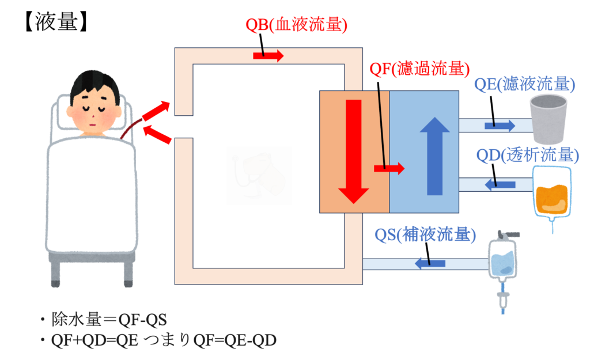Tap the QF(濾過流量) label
pyautogui.click(x=419, y=70)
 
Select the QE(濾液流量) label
pyautogui.click(x=525, y=85)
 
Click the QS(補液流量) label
pyautogui.click(x=425, y=235)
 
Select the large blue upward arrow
pyautogui.click(x=434, y=156)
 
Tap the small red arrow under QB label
pyautogui.click(x=268, y=56)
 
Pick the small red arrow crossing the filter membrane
pyautogui.click(x=389, y=168)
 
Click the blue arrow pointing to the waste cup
pyautogui.click(x=500, y=125)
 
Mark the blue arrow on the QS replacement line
pyautogui.click(x=431, y=264)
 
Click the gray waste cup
pyautogui.click(x=549, y=119)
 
